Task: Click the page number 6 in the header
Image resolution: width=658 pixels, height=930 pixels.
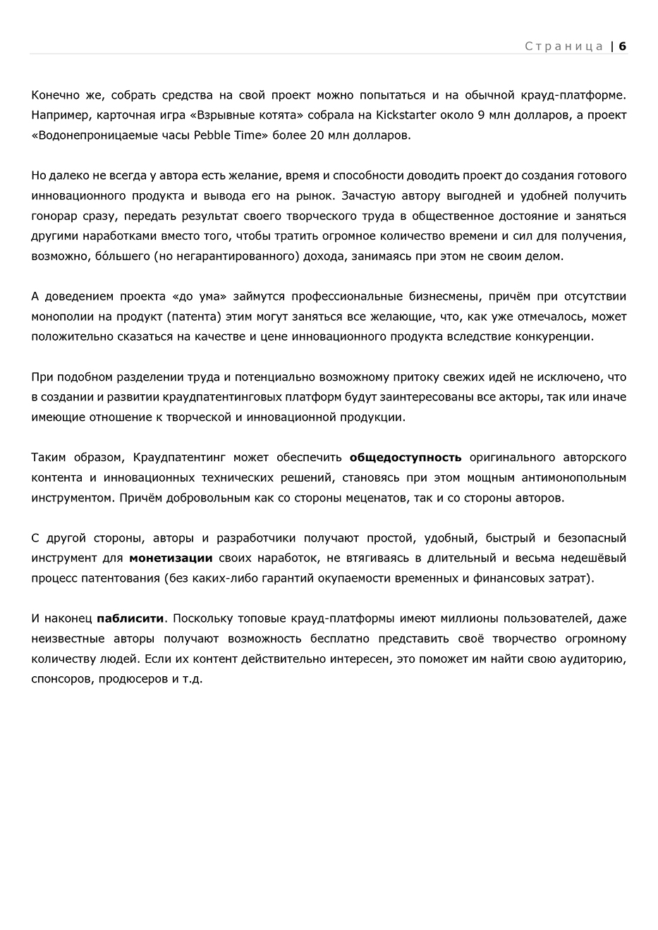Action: coord(623,47)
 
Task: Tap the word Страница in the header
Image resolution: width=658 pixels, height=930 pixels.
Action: coord(564,47)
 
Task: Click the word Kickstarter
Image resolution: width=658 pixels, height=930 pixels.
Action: coord(406,115)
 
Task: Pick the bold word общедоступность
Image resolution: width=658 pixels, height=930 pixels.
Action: coord(406,458)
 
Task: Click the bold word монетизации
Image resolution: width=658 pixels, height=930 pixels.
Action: coord(171,558)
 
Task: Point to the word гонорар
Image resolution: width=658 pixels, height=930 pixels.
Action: coord(53,216)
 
